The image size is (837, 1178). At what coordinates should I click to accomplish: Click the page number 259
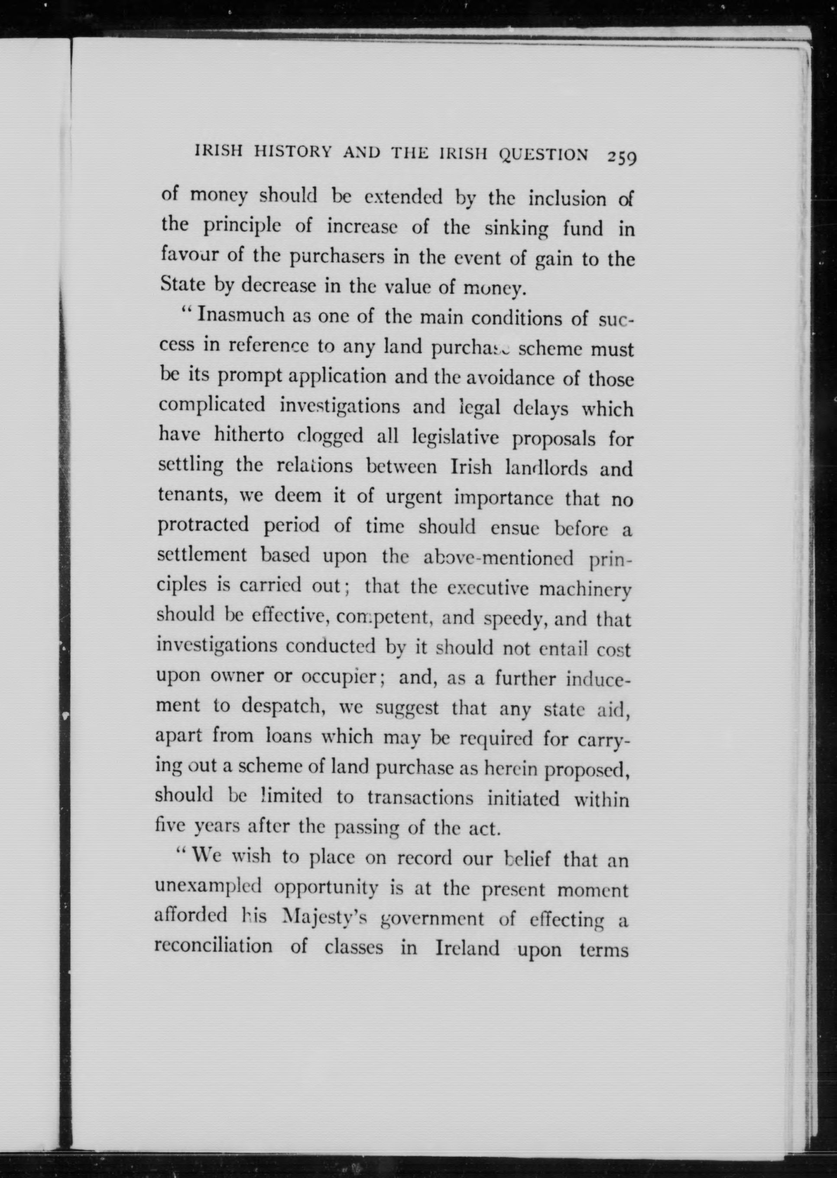[622, 157]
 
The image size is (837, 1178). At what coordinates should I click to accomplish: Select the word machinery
[584, 589]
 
